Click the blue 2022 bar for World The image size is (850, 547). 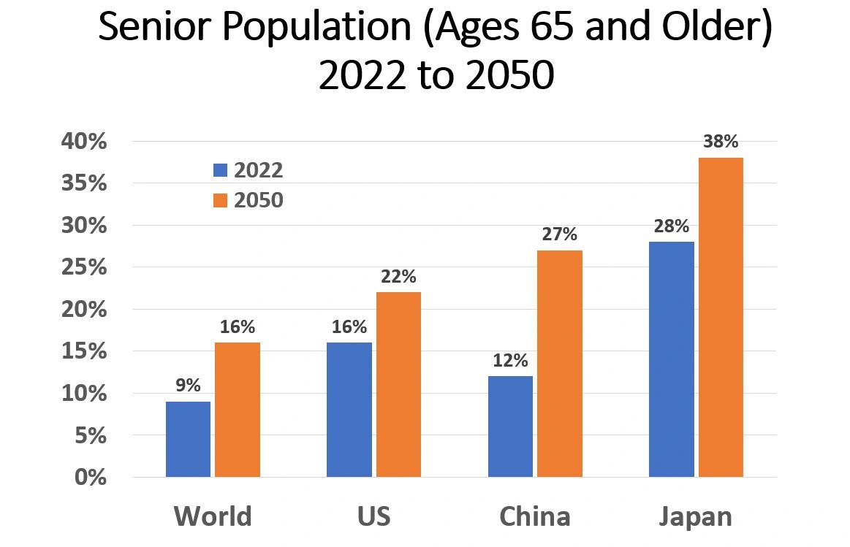188,439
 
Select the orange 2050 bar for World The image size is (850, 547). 238,410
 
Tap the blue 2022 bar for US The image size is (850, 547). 349,410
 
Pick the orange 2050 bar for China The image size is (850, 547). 560,364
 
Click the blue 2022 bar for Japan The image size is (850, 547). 671,359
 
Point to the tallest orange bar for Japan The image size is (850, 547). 721,318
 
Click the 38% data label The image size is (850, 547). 721,142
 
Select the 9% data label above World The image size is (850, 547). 188,386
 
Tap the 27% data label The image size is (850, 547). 560,234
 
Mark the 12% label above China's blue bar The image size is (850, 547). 510,360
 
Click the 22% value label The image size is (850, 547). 398,277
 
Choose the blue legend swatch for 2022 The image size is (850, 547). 221,170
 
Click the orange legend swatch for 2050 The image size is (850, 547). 221,200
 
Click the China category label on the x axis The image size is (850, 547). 535,516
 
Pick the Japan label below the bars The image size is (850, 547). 695,516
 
